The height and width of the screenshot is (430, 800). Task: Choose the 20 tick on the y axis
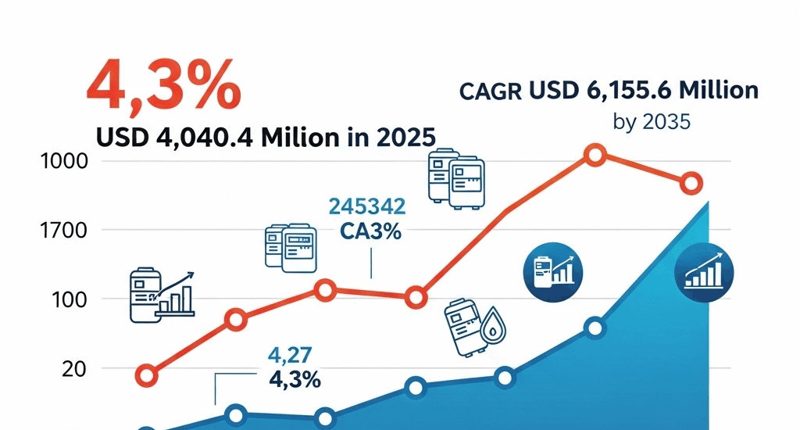[x=71, y=368]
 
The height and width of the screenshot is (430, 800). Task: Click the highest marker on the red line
[x=595, y=155]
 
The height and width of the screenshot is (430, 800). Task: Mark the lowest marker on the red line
[x=145, y=375]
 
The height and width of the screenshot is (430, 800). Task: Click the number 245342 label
[x=367, y=206]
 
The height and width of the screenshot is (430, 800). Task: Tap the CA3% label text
[x=370, y=232]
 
